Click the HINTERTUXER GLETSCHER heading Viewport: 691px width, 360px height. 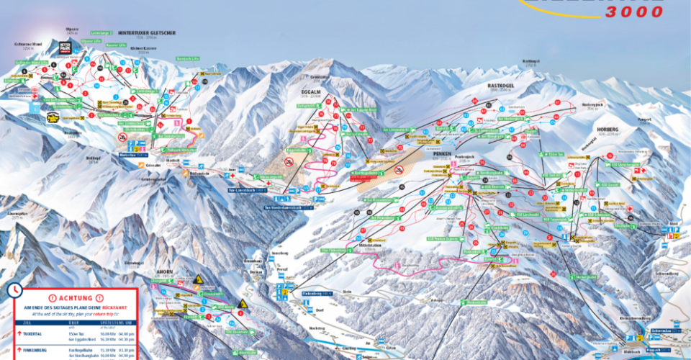147,32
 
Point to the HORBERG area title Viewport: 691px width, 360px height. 608,130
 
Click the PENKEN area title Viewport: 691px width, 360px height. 441,153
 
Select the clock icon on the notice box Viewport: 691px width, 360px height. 14,291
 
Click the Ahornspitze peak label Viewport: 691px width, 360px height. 17,213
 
